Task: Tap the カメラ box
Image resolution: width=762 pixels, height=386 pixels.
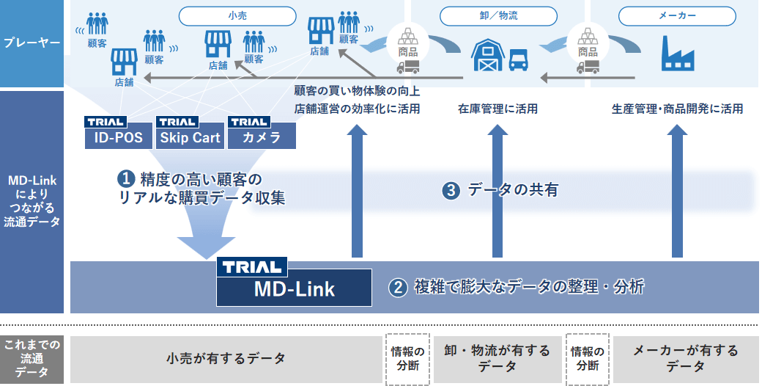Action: click(262, 136)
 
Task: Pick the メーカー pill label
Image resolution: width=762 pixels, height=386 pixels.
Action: click(677, 16)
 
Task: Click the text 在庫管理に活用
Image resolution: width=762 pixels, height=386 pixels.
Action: click(498, 109)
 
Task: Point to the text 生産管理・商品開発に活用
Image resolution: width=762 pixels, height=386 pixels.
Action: click(677, 109)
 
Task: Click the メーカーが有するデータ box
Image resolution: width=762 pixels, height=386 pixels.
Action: click(686, 359)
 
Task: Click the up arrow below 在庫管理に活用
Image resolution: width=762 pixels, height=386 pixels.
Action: click(498, 191)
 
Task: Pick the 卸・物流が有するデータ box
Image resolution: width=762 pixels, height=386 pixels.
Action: click(497, 359)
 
